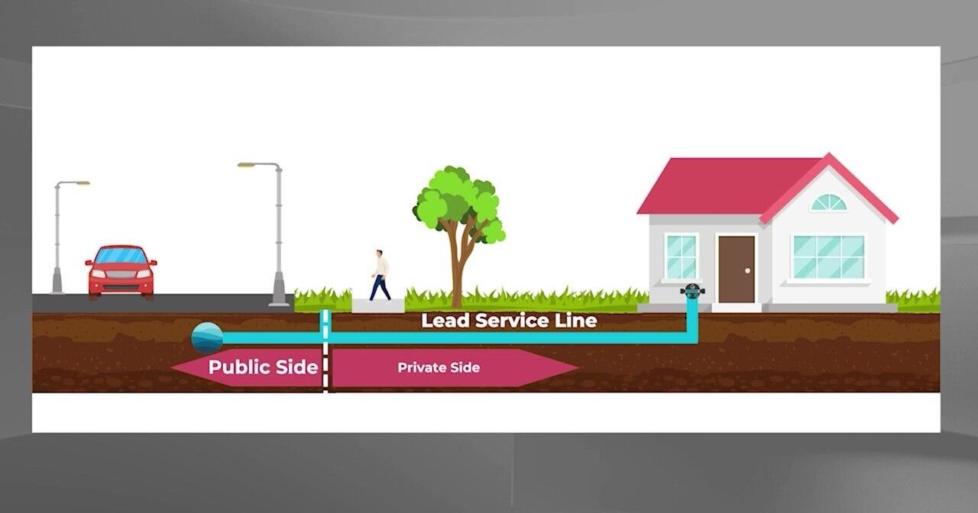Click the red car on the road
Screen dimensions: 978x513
(121, 272)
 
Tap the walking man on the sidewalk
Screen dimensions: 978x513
(381, 276)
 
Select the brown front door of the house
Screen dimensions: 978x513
(737, 269)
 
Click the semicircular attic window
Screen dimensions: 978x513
(828, 203)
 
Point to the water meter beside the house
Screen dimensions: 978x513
(692, 291)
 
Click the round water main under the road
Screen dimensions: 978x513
(207, 337)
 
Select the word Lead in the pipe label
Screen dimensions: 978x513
(445, 321)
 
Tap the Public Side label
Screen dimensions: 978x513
(264, 367)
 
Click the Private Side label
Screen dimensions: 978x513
(439, 368)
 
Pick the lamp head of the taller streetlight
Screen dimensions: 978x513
(247, 165)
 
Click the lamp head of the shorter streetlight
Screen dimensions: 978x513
(82, 183)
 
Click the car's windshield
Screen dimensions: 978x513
(121, 256)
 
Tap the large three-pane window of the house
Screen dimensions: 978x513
(828, 257)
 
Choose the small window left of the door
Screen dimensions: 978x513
(681, 257)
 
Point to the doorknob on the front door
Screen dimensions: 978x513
(747, 271)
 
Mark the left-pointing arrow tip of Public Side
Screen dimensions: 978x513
(172, 367)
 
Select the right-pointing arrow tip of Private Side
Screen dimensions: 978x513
(578, 368)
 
